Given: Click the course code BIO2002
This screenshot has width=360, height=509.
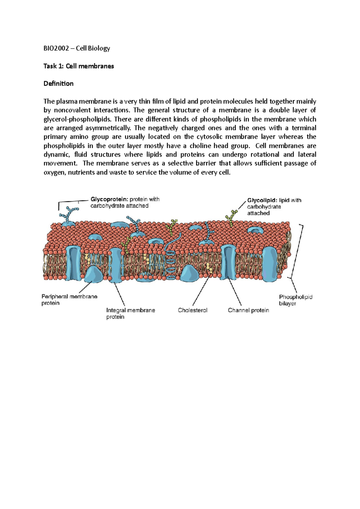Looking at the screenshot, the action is (x=56, y=48).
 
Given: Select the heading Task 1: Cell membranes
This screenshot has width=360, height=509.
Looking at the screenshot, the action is (x=79, y=66).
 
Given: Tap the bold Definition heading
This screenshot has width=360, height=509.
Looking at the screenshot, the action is (x=58, y=84).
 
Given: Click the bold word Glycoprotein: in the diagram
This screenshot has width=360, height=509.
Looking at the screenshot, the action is (x=109, y=199).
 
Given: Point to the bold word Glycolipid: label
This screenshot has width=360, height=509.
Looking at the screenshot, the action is (x=262, y=200).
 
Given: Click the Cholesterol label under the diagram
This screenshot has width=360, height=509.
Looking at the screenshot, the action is (x=193, y=310).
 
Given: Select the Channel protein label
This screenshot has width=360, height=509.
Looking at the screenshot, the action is (x=248, y=310).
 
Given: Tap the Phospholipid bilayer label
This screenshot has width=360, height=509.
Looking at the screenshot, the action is (x=295, y=300).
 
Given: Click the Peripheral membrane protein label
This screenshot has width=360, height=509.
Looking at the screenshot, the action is (x=69, y=300).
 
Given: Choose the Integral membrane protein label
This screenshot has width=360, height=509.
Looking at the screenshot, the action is (x=130, y=314).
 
